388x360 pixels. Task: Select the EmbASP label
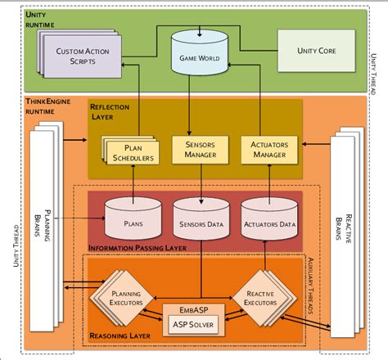[x=193, y=309]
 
